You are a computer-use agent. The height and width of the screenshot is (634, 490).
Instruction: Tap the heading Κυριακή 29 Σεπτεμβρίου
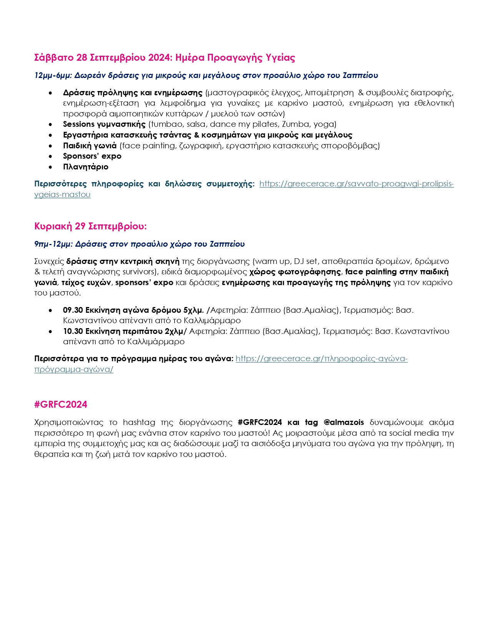pyautogui.click(x=90, y=226)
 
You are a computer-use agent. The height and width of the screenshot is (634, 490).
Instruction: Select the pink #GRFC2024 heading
pyautogui.click(x=61, y=405)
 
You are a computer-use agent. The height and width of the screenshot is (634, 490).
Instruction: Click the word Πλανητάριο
pyautogui.click(x=86, y=167)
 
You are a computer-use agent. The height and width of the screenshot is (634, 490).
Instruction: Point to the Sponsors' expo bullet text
pyautogui.click(x=92, y=156)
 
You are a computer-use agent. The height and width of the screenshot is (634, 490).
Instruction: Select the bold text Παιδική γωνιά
pyautogui.click(x=90, y=146)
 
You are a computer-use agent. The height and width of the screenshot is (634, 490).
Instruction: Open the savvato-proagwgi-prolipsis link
pyautogui.click(x=356, y=184)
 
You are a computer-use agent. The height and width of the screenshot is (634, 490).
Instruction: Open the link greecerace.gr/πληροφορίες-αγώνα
pyautogui.click(x=321, y=359)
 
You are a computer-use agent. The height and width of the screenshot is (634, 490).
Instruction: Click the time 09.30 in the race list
pyautogui.click(x=73, y=310)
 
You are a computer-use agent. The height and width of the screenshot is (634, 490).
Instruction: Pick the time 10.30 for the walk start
pyautogui.click(x=73, y=332)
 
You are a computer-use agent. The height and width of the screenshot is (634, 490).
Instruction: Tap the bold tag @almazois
pyautogui.click(x=344, y=423)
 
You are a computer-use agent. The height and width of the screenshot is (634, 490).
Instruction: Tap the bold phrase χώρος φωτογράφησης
pyautogui.click(x=295, y=272)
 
